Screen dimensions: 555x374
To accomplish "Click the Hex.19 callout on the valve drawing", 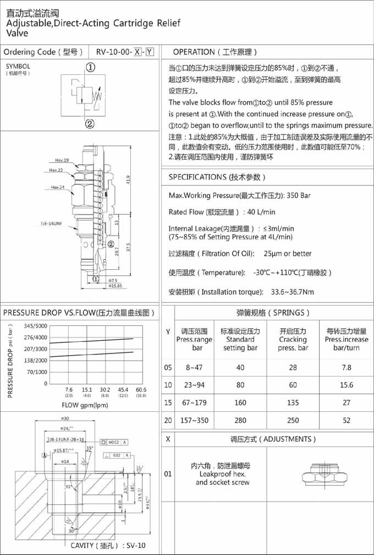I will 61,160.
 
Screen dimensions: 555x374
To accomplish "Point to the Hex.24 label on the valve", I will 58,187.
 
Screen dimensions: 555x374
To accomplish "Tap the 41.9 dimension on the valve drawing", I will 128,179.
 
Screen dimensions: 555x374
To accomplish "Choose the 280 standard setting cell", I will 240,420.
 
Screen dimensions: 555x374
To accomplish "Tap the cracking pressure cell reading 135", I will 293,402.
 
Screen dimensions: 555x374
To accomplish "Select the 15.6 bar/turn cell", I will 346,385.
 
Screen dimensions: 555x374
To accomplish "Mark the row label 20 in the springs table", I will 168,420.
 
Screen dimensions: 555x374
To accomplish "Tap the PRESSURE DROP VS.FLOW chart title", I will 79,313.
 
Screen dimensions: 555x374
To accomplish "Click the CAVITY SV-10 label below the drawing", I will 108,546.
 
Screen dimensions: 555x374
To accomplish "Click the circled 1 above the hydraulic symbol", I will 90,67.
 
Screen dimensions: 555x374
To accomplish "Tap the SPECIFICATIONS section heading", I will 217,177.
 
